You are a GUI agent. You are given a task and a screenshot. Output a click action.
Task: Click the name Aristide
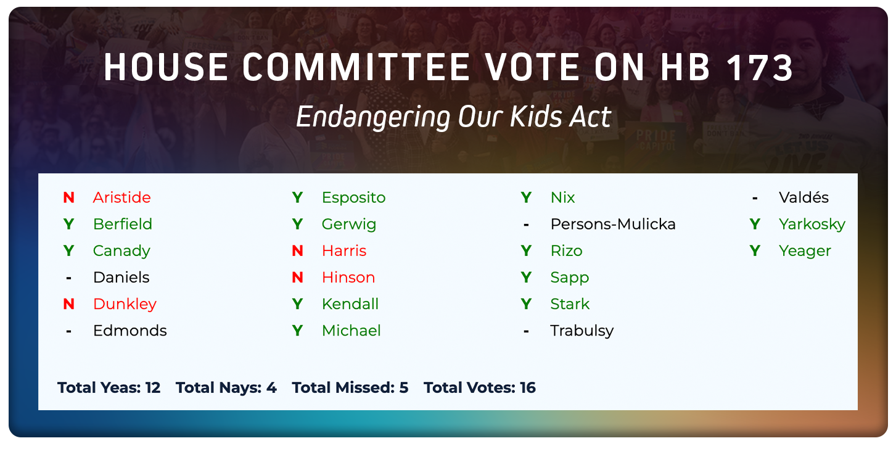[121, 197]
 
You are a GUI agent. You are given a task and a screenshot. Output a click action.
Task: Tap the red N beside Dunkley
[68, 304]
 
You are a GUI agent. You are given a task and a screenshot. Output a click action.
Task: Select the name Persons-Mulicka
[612, 224]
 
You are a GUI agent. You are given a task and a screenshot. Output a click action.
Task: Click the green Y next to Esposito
[297, 197]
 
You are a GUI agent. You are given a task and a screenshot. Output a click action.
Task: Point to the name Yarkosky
[812, 224]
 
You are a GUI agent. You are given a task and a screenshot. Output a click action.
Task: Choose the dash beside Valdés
[755, 198]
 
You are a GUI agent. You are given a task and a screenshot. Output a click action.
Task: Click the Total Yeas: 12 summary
[109, 388]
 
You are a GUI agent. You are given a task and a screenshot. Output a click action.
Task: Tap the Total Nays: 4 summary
[226, 388]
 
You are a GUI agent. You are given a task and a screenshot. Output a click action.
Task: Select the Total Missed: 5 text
[350, 388]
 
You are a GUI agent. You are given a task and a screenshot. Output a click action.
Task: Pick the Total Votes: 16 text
[479, 388]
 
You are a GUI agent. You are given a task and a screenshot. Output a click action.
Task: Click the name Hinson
[348, 278]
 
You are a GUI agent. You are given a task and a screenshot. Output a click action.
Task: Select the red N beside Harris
[297, 251]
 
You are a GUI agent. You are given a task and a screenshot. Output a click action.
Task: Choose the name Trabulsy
[582, 331]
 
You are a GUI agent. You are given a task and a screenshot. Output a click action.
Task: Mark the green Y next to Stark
[526, 304]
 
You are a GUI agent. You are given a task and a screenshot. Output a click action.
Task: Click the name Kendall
[350, 304]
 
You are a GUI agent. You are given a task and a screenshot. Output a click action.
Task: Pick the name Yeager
[805, 251]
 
